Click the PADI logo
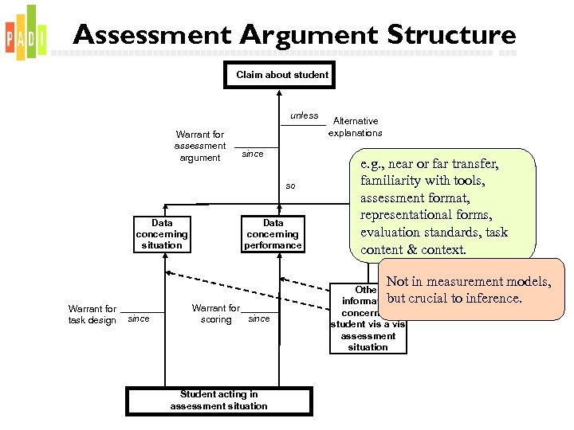(x=26, y=33)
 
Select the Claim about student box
(x=281, y=75)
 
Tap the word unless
(x=304, y=115)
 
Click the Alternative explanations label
(x=356, y=127)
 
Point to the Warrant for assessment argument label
(x=200, y=147)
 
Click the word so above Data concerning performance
(x=290, y=186)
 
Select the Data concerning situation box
(x=162, y=234)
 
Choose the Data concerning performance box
(x=273, y=234)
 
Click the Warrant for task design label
(x=92, y=315)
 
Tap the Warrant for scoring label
(x=215, y=314)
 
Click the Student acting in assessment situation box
(x=218, y=400)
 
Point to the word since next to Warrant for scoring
(x=259, y=319)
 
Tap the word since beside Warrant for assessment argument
(x=253, y=154)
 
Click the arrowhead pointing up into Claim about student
(x=277, y=92)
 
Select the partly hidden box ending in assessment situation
(x=368, y=319)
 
